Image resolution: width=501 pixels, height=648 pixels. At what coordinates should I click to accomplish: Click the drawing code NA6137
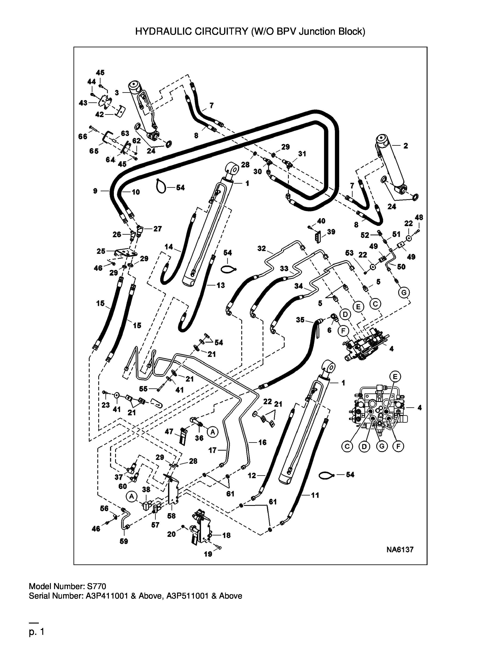(400, 550)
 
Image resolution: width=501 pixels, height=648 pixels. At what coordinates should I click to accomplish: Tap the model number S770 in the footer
(96, 586)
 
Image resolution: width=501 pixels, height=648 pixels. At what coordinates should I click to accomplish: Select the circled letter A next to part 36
(213, 432)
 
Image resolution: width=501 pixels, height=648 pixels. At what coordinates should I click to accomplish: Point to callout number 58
(171, 516)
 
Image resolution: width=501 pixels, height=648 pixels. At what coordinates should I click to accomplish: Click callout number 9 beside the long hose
(95, 191)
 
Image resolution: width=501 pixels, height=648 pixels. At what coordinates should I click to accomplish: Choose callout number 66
(83, 136)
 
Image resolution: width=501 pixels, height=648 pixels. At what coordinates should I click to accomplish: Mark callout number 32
(262, 248)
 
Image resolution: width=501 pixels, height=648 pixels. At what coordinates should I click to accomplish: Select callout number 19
(208, 554)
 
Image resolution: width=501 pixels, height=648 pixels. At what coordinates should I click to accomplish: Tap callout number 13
(220, 285)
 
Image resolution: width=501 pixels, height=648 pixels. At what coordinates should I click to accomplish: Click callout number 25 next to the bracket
(101, 251)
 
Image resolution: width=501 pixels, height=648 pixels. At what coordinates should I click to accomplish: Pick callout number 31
(302, 154)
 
